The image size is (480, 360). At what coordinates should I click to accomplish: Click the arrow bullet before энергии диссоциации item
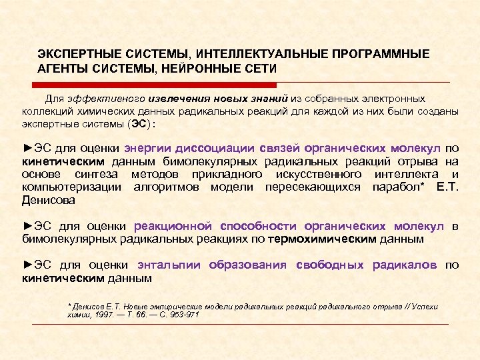27,148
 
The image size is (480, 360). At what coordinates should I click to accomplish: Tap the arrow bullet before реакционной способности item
27,227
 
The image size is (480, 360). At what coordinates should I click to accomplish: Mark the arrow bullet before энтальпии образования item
27,265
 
